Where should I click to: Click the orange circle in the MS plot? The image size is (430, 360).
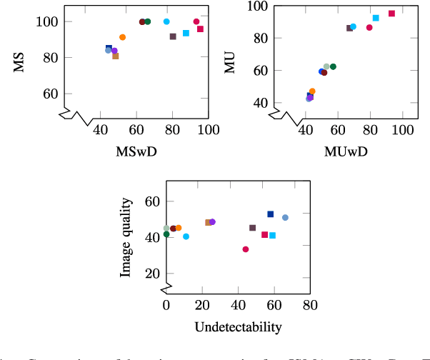coord(122,37)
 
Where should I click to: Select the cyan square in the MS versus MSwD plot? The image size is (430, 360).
coord(186,33)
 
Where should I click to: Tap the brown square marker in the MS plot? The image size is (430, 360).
coord(116,56)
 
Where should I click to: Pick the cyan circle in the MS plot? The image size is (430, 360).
coord(166,21)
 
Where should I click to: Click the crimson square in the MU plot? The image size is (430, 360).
coord(391,14)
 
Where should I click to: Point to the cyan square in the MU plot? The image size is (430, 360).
coord(376,18)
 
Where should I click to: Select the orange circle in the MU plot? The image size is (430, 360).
coord(312,91)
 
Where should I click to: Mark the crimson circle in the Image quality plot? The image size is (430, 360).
coord(246,249)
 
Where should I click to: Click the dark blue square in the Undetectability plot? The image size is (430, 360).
coord(271,214)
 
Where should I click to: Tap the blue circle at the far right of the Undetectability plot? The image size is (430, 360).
coord(285,217)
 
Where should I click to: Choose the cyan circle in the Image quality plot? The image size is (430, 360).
coord(186,236)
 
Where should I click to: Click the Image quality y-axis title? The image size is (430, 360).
coord(126,238)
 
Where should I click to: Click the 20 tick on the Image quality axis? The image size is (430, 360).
coord(150,274)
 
